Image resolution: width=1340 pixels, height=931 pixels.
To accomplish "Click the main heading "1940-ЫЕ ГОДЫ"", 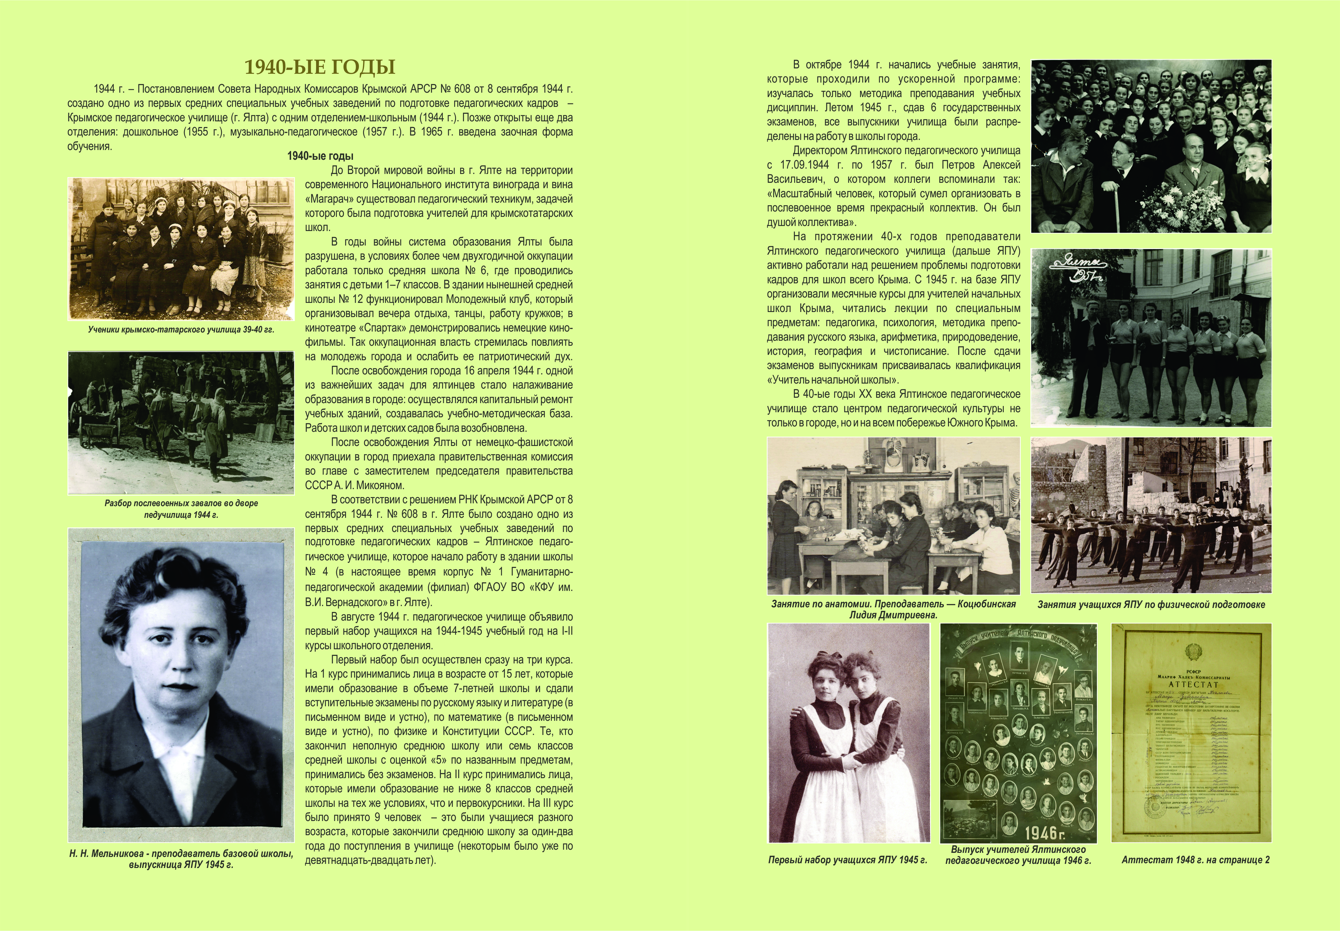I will pos(320,67).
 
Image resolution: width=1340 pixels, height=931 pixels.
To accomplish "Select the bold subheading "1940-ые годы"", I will pos(320,156).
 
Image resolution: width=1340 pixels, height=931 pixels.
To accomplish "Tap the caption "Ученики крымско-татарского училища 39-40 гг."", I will pos(181,330).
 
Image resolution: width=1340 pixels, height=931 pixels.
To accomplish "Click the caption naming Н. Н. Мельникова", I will pos(181,859).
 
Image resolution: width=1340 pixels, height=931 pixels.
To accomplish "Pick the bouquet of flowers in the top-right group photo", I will pos(1184,204).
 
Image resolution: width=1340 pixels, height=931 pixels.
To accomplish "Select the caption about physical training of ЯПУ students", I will pos(1151,604).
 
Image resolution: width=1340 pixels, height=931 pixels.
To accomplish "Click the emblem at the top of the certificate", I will pos(1193,651).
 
